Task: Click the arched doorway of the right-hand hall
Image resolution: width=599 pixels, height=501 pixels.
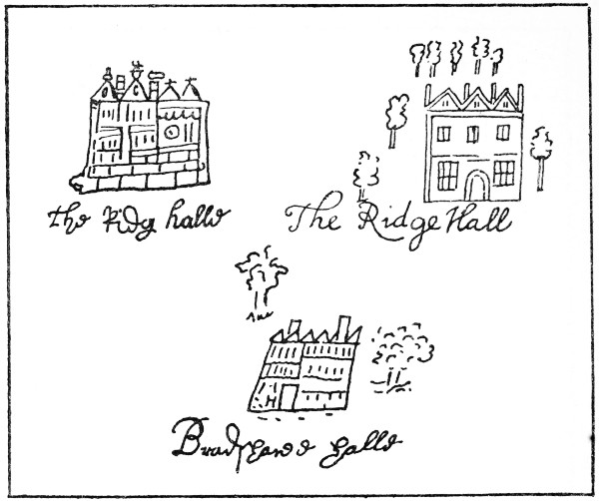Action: pyautogui.click(x=476, y=186)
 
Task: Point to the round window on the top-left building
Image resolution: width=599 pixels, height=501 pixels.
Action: pyautogui.click(x=171, y=131)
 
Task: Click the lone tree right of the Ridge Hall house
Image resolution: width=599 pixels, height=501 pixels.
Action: pyautogui.click(x=542, y=153)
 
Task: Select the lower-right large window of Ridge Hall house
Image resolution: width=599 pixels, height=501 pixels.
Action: pyautogui.click(x=504, y=175)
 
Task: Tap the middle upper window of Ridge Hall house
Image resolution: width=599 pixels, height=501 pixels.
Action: pyautogui.click(x=474, y=133)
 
